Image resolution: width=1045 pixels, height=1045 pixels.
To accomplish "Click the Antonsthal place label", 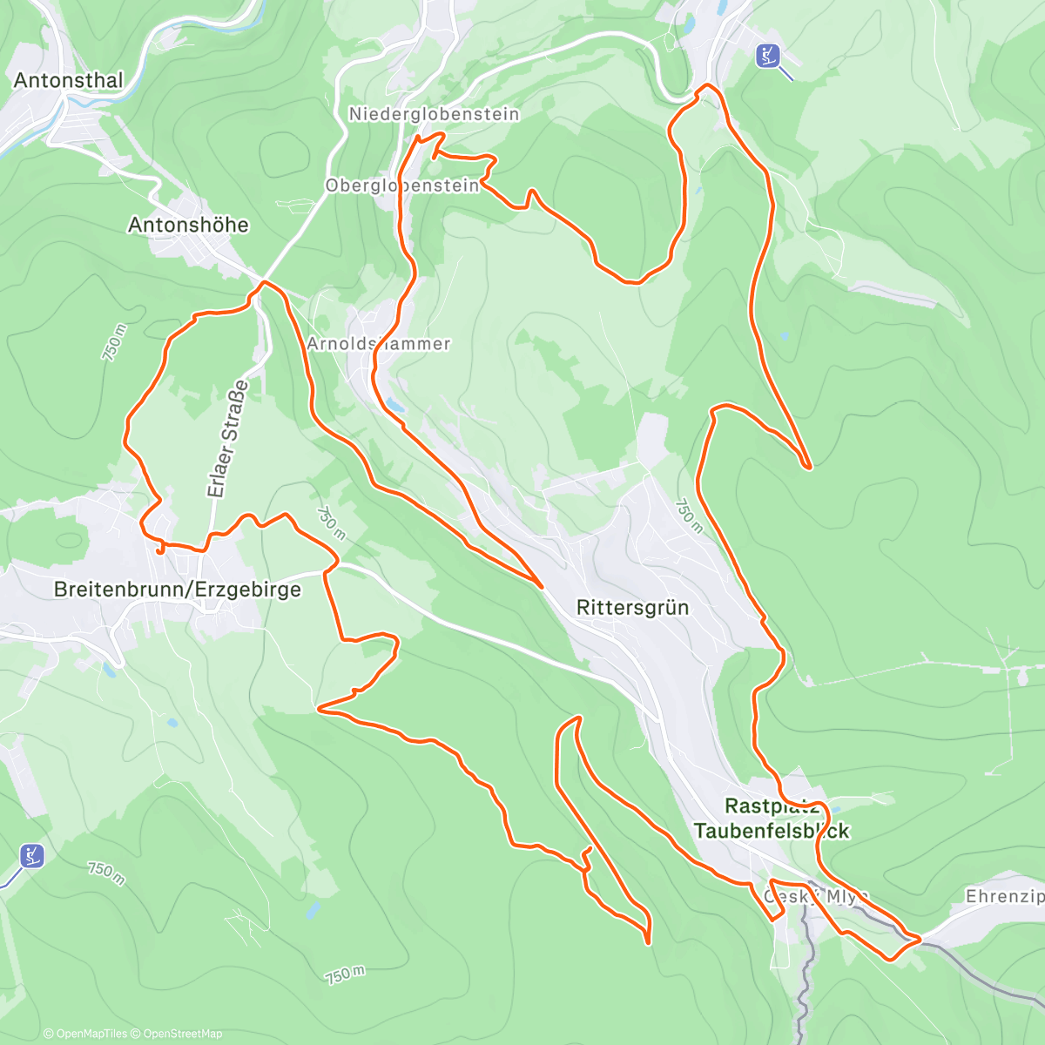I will click(x=69, y=80).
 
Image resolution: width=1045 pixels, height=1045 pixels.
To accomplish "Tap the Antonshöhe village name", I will click(x=188, y=225).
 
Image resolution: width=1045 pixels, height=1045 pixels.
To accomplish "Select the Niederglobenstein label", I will click(x=434, y=114).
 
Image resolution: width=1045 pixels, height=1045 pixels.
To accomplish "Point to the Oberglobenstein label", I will click(x=401, y=185).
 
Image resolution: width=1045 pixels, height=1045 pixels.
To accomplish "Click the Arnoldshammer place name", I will click(x=379, y=344).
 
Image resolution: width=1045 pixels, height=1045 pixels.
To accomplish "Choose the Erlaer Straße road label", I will click(x=228, y=439).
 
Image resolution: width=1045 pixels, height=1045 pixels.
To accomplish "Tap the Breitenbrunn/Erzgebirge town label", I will click(x=178, y=590).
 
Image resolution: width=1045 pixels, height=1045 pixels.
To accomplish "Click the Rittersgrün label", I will click(x=632, y=608).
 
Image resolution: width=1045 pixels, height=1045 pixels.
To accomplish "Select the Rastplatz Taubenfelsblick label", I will click(x=772, y=818).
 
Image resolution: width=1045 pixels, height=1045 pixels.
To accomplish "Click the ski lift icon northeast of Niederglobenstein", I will click(x=767, y=56).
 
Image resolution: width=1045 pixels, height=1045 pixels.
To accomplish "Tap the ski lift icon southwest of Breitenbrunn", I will click(x=32, y=855).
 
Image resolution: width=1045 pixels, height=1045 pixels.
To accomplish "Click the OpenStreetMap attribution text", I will click(x=182, y=1034).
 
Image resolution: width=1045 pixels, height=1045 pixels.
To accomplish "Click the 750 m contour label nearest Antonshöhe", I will click(x=114, y=342).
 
